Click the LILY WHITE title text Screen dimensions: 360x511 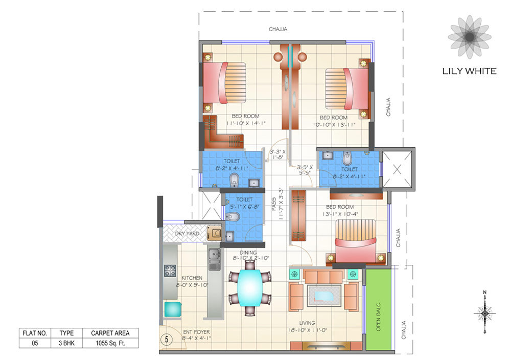click(x=469, y=71)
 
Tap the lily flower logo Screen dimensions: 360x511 click(x=469, y=37)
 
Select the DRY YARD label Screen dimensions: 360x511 click(x=187, y=234)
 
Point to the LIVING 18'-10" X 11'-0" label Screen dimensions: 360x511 click(x=307, y=326)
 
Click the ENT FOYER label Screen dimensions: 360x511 click(x=196, y=335)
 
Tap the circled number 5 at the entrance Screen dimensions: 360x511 click(x=167, y=339)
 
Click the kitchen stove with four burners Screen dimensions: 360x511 click(x=170, y=271)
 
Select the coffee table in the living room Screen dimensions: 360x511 click(x=323, y=296)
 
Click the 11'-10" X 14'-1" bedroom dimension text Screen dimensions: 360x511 click(x=245, y=123)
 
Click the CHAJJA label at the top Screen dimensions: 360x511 click(x=278, y=29)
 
